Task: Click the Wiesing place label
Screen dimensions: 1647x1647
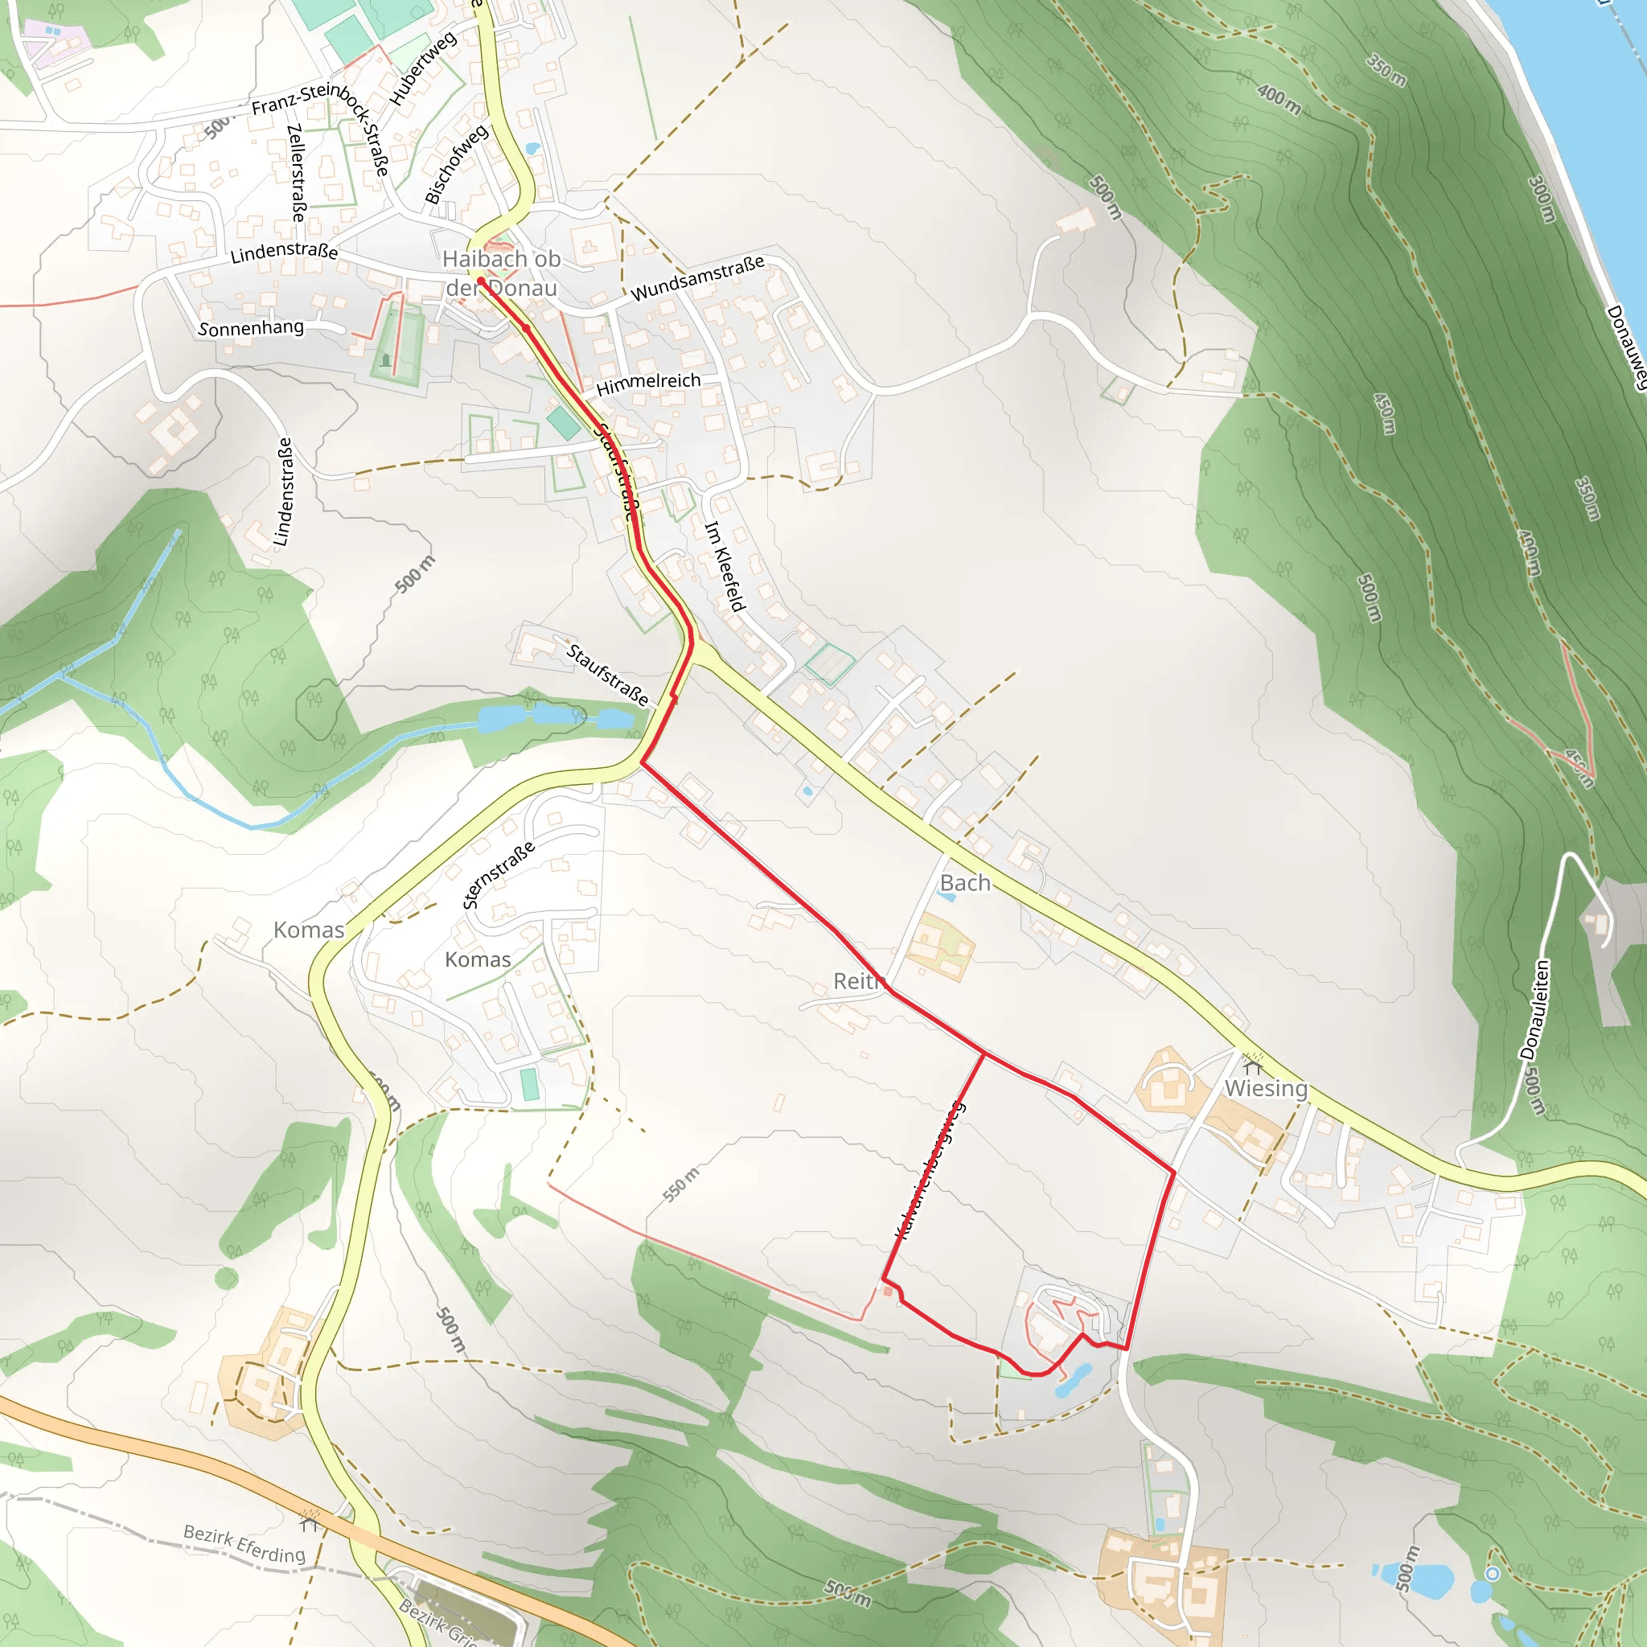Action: coord(1265,1089)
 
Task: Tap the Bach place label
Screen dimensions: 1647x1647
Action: coord(965,883)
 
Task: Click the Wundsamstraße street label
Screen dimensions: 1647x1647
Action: coord(697,278)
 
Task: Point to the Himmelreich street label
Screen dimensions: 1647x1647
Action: coord(648,384)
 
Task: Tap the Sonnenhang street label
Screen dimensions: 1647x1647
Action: coord(251,328)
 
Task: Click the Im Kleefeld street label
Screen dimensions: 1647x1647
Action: coord(725,566)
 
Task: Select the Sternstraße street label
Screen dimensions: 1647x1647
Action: coord(499,875)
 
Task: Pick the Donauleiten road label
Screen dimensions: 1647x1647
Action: coord(1534,1009)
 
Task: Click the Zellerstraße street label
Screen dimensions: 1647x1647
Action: coord(296,173)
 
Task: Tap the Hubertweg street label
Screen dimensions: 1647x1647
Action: coord(423,68)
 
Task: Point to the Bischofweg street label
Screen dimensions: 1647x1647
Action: coord(457,164)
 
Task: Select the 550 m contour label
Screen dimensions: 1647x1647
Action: coord(681,1184)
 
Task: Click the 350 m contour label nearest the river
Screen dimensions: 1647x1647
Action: coord(1386,70)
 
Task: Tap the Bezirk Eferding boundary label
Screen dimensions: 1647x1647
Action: coord(244,1544)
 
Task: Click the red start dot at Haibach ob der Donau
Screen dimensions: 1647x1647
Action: coord(481,281)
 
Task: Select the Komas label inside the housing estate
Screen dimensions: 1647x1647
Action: coord(478,960)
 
